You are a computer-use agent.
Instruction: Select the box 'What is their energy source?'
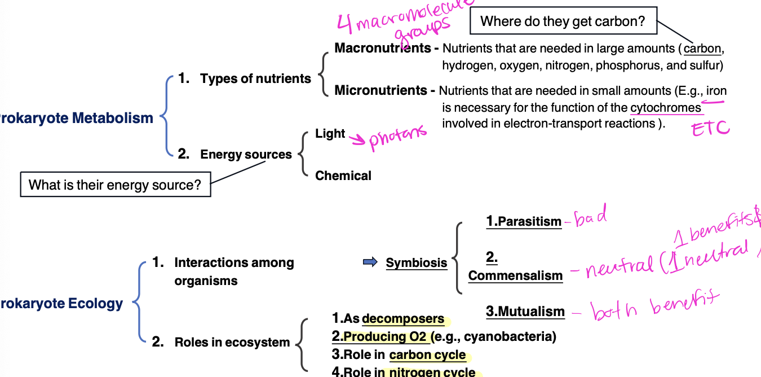point(115,185)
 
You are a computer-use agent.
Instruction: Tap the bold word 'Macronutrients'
point(383,48)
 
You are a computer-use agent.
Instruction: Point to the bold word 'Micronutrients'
point(380,90)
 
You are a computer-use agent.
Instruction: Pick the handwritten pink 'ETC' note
point(710,129)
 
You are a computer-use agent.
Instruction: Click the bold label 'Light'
point(330,134)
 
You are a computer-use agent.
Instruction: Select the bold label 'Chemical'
point(343,176)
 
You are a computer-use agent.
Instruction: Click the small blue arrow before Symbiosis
point(370,262)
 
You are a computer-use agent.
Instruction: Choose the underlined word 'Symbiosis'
point(417,262)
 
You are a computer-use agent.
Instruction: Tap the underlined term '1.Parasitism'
point(524,222)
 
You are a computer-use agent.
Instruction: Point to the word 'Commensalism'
point(515,275)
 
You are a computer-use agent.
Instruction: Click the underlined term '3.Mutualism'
point(525,312)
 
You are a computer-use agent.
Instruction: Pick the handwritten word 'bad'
point(590,217)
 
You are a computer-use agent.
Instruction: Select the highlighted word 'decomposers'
point(403,319)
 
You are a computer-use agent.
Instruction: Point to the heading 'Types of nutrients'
point(255,79)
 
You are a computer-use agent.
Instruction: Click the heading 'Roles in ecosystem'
point(232,342)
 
